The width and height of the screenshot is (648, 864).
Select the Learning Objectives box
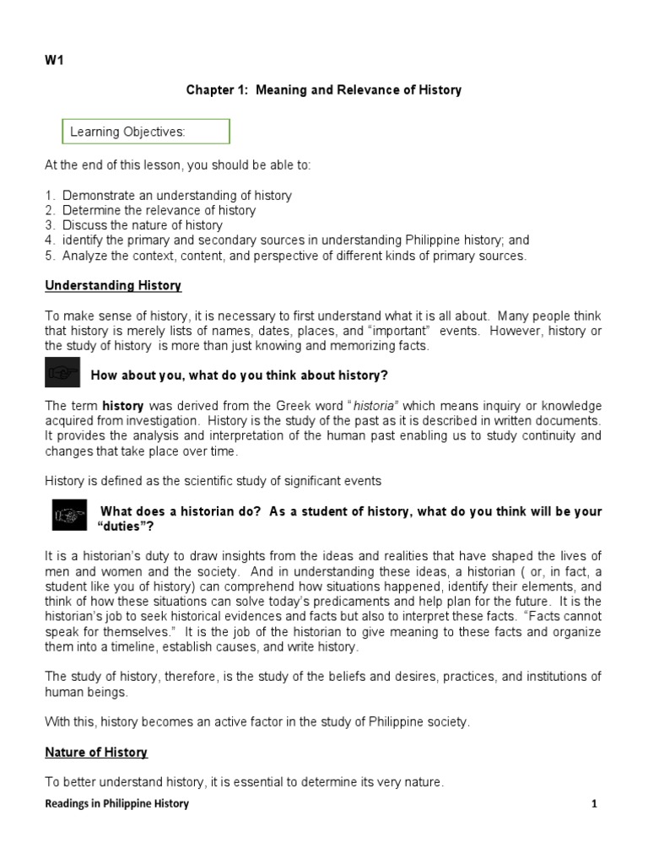tap(146, 132)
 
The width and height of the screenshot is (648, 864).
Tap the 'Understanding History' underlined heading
tap(113, 285)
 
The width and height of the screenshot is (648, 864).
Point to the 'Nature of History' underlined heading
tap(96, 752)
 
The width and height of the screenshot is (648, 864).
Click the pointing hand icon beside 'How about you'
tap(62, 372)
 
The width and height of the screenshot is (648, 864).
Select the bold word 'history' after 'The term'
tap(122, 406)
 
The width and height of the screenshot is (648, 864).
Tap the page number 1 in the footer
tap(594, 804)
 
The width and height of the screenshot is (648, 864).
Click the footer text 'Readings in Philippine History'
tap(116, 804)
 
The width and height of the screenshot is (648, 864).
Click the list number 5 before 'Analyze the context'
tap(49, 256)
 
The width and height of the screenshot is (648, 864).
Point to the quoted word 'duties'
tap(127, 526)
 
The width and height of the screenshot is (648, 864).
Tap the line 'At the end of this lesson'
tap(178, 165)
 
